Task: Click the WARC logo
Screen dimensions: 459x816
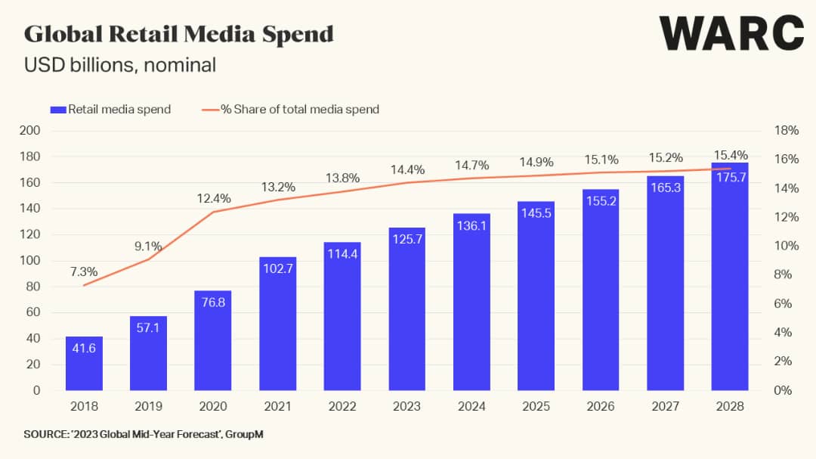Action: pos(731,34)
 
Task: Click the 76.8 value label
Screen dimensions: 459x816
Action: pos(212,301)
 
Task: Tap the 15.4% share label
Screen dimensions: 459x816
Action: pos(730,155)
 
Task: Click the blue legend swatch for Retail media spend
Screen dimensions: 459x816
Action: pos(58,110)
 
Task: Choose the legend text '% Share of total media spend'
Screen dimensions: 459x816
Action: pos(299,110)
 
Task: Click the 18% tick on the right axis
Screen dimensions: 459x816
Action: pos(787,130)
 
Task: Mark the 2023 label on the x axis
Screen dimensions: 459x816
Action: pos(406,406)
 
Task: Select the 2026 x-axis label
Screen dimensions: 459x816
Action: pos(601,406)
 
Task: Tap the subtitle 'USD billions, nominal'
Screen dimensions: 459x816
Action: pos(120,65)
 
